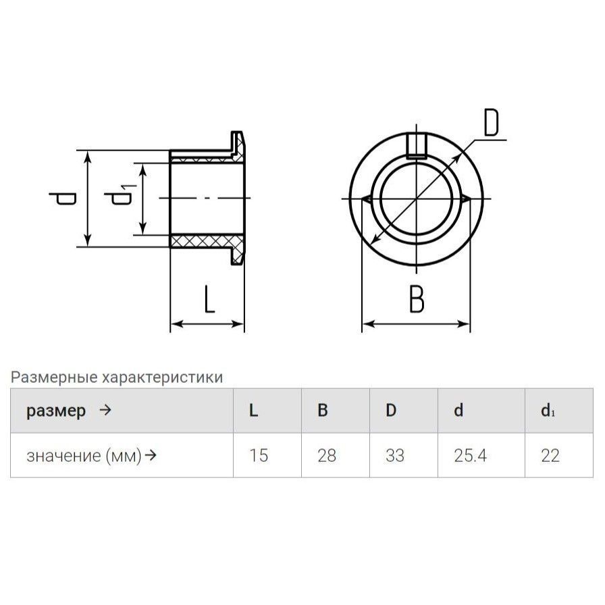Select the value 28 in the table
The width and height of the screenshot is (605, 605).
327,456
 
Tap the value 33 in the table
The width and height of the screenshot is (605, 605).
394,456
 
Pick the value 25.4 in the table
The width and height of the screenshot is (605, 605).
471,456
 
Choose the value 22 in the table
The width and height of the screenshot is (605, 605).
550,456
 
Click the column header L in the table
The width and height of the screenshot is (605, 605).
254,411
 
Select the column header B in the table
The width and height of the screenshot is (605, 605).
323,411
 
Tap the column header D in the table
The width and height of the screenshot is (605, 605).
390,411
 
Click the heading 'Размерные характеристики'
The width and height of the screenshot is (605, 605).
116,377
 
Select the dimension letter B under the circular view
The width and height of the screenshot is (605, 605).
417,300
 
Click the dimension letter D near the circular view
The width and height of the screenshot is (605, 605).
491,124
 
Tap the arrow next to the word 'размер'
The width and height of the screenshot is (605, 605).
105,411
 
